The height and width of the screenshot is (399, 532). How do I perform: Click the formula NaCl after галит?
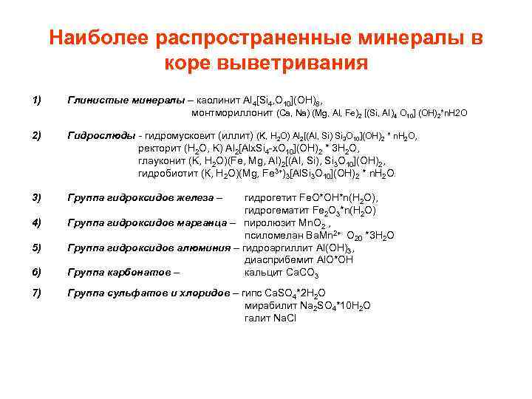tap(284, 318)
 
